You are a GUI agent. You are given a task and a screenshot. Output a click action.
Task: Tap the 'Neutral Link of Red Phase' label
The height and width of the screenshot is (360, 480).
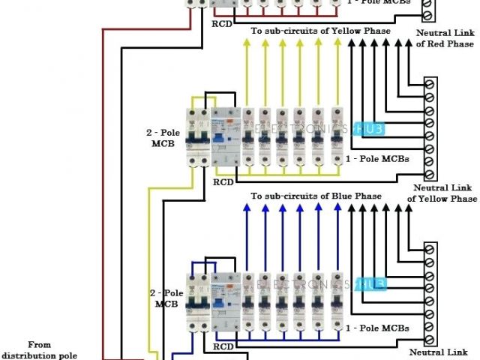[x=445, y=39]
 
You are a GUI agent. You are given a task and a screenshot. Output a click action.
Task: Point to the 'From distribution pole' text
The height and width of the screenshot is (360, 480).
[x=40, y=349]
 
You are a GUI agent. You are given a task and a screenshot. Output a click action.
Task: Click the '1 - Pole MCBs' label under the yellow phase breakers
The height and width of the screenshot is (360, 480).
[x=376, y=158]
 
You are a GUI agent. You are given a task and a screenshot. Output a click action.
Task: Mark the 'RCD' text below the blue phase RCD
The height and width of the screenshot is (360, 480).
[x=223, y=346]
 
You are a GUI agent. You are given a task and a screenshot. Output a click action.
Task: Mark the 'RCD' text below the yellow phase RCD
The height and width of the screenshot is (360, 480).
[x=223, y=181]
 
